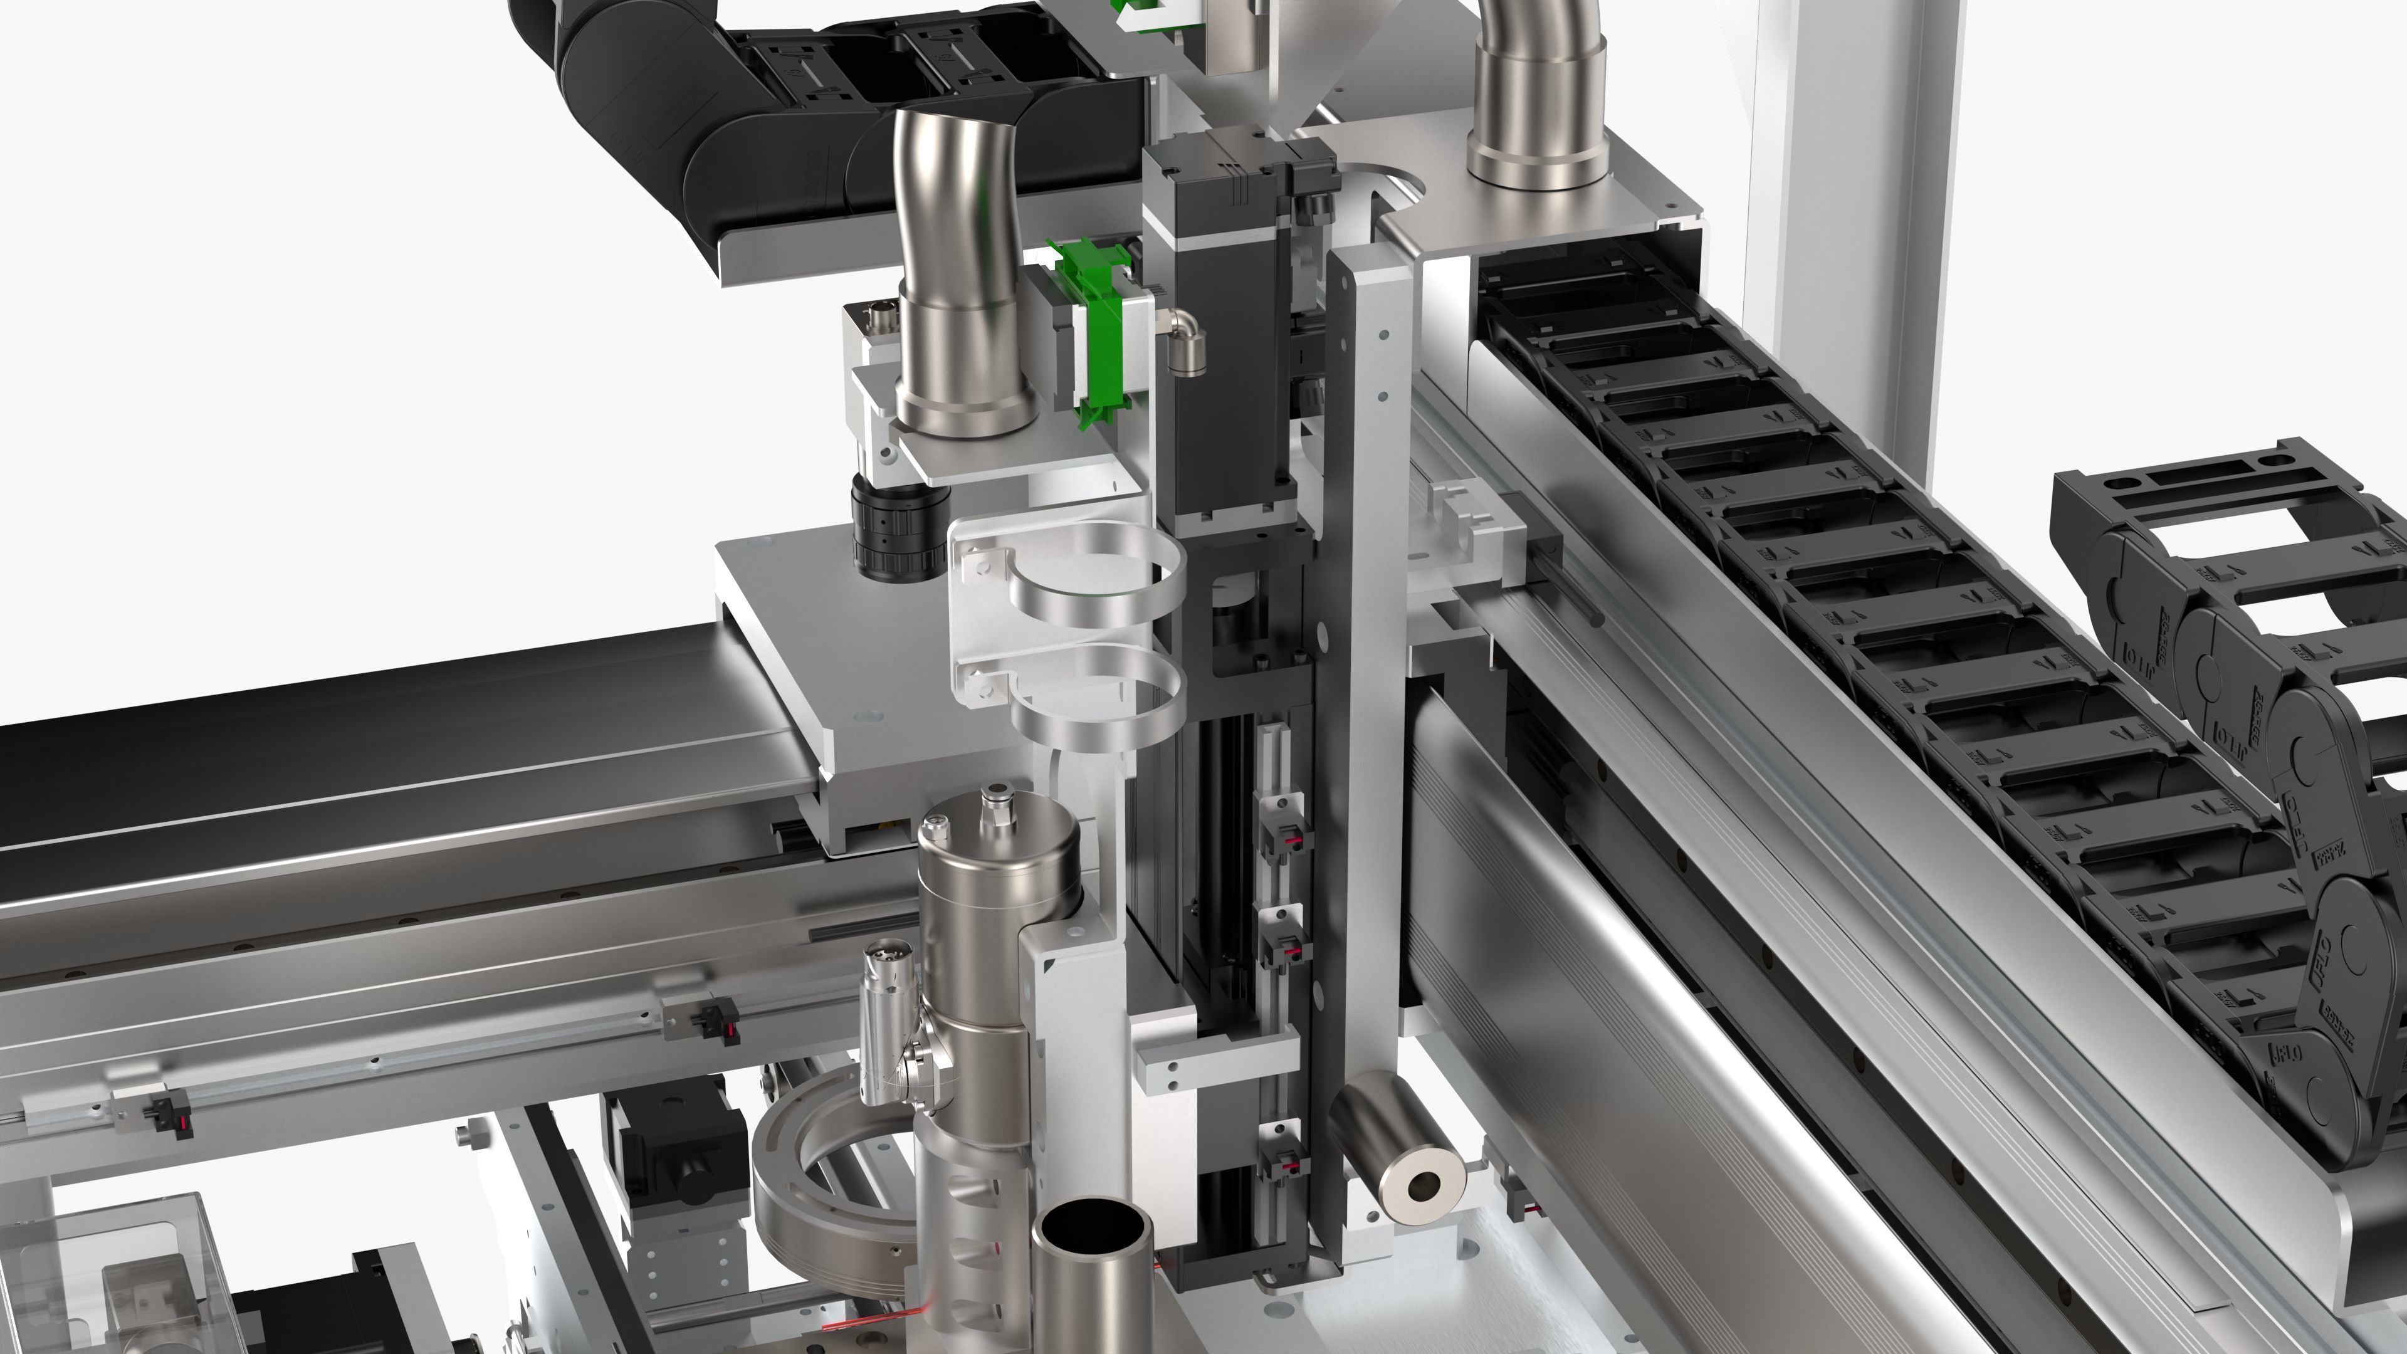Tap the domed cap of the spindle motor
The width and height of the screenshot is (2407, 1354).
tap(998, 846)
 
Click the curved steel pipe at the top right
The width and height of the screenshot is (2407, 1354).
tap(1533, 93)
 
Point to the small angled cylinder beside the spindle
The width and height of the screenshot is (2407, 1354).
tap(888, 990)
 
